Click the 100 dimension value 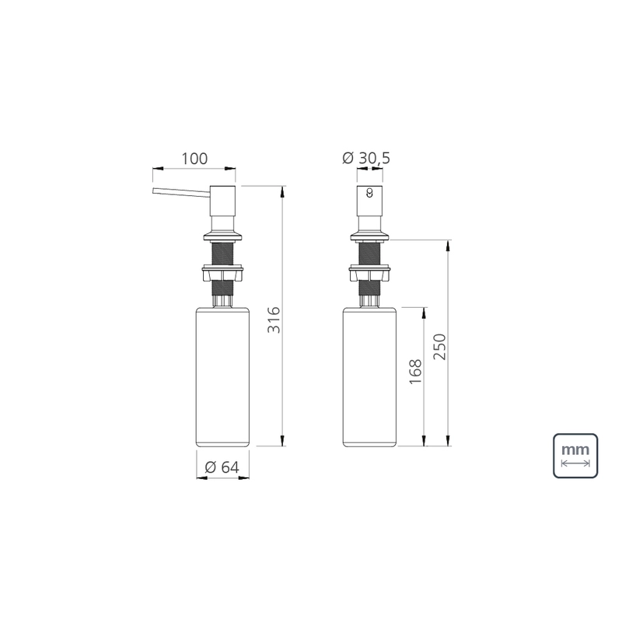pos(194,159)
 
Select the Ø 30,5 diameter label pos(366,159)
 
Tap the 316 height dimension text pos(274,320)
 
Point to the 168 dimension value pos(415,372)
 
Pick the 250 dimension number pos(439,347)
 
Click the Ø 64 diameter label pos(222,467)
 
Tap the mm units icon pos(575,456)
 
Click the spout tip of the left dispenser pos(153,190)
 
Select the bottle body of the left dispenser pos(223,376)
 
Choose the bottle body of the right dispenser pos(370,376)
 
